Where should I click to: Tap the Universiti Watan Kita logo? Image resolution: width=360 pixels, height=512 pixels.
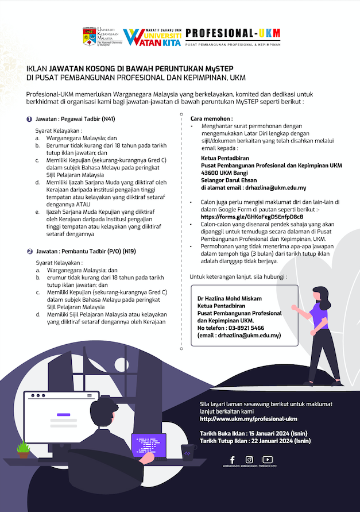pyautogui.click(x=153, y=37)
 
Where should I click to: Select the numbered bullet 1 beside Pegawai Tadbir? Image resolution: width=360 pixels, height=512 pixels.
pyautogui.click(x=29, y=119)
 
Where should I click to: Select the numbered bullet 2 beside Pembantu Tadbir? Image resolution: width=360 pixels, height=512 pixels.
pyautogui.click(x=29, y=251)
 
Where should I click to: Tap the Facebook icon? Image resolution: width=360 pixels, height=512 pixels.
pyautogui.click(x=232, y=460)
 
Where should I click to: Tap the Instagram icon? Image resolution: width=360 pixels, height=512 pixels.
pyautogui.click(x=249, y=460)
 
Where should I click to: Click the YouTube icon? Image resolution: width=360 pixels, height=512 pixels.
pyautogui.click(x=267, y=460)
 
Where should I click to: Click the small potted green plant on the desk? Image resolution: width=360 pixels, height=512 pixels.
pyautogui.click(x=24, y=449)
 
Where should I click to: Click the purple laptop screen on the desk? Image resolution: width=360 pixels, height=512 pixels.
pyautogui.click(x=149, y=444)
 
